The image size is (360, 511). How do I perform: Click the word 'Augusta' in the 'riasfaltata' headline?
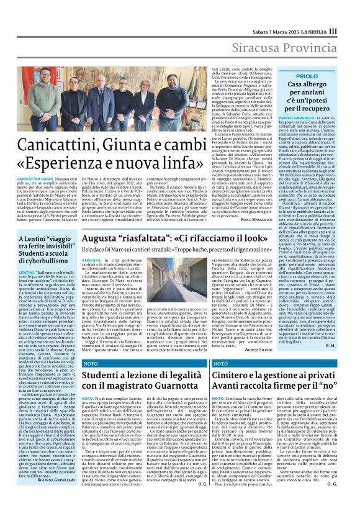tap(99, 238)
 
